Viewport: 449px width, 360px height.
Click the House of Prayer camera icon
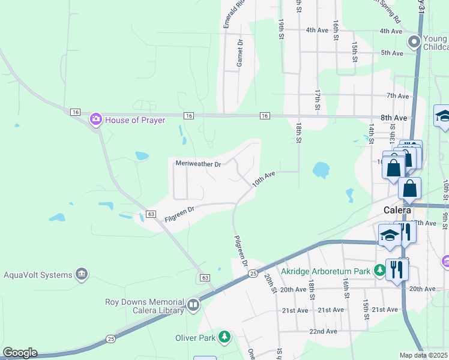pyautogui.click(x=95, y=120)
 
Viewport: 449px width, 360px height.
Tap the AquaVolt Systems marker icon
pyautogui.click(x=82, y=275)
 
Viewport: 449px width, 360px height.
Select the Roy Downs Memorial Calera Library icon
pyautogui.click(x=193, y=305)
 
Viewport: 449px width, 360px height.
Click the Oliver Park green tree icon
pyautogui.click(x=224, y=338)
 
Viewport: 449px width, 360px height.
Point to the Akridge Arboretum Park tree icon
pyautogui.click(x=379, y=271)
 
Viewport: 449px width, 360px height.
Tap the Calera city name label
pyautogui.click(x=397, y=210)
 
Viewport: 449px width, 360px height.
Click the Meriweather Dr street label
pyautogui.click(x=198, y=163)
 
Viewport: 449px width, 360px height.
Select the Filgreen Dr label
pyautogui.click(x=179, y=214)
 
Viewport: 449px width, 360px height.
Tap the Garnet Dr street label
pyautogui.click(x=240, y=52)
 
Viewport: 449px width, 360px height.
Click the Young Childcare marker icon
pyautogui.click(x=414, y=42)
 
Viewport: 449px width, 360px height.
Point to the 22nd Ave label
pyautogui.click(x=323, y=331)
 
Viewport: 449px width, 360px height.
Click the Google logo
pyautogui.click(x=19, y=353)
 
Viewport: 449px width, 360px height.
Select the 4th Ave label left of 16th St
pyautogui.click(x=317, y=30)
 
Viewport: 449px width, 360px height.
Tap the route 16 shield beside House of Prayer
pyautogui.click(x=75, y=112)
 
